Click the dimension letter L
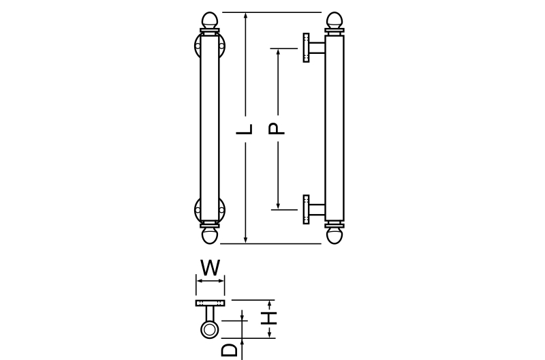(245, 129)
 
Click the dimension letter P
(277, 129)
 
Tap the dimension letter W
(211, 267)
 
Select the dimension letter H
(269, 318)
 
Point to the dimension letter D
(230, 350)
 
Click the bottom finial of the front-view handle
(210, 235)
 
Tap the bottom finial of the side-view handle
(334, 235)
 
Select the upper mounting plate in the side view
(306, 48)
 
